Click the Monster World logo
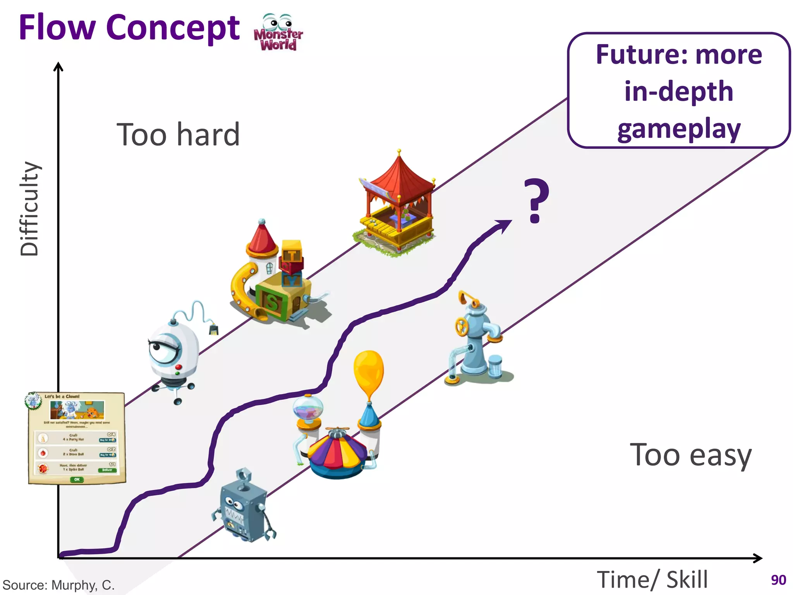278,33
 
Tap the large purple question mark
536,200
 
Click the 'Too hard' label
178,134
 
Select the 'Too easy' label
691,455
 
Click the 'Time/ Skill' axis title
652,580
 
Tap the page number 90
778,580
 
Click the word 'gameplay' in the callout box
679,129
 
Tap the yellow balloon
369,372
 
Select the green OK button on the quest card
77,480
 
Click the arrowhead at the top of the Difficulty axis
58,66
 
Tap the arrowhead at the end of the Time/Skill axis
758,558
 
